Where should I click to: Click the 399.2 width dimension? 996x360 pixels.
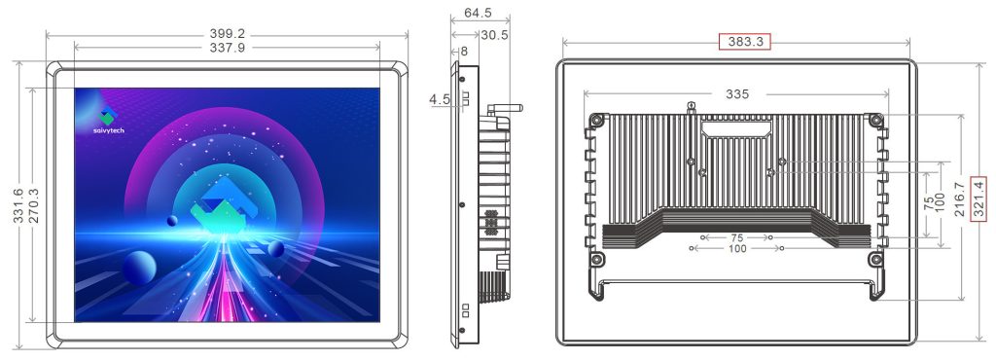pyautogui.click(x=228, y=34)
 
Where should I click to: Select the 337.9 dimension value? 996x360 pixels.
pyautogui.click(x=228, y=48)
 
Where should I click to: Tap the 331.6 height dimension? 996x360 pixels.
pyautogui.click(x=18, y=205)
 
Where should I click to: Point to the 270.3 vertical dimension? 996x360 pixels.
pyautogui.click(x=34, y=205)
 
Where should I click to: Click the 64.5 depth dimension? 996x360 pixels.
pyautogui.click(x=478, y=13)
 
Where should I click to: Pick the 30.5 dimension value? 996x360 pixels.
pyautogui.click(x=494, y=36)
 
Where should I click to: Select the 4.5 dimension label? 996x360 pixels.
pyautogui.click(x=440, y=99)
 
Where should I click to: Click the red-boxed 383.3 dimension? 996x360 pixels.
pyautogui.click(x=744, y=42)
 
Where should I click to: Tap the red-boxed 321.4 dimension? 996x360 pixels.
pyautogui.click(x=979, y=198)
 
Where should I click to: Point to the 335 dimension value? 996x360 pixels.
pyautogui.click(x=737, y=94)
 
